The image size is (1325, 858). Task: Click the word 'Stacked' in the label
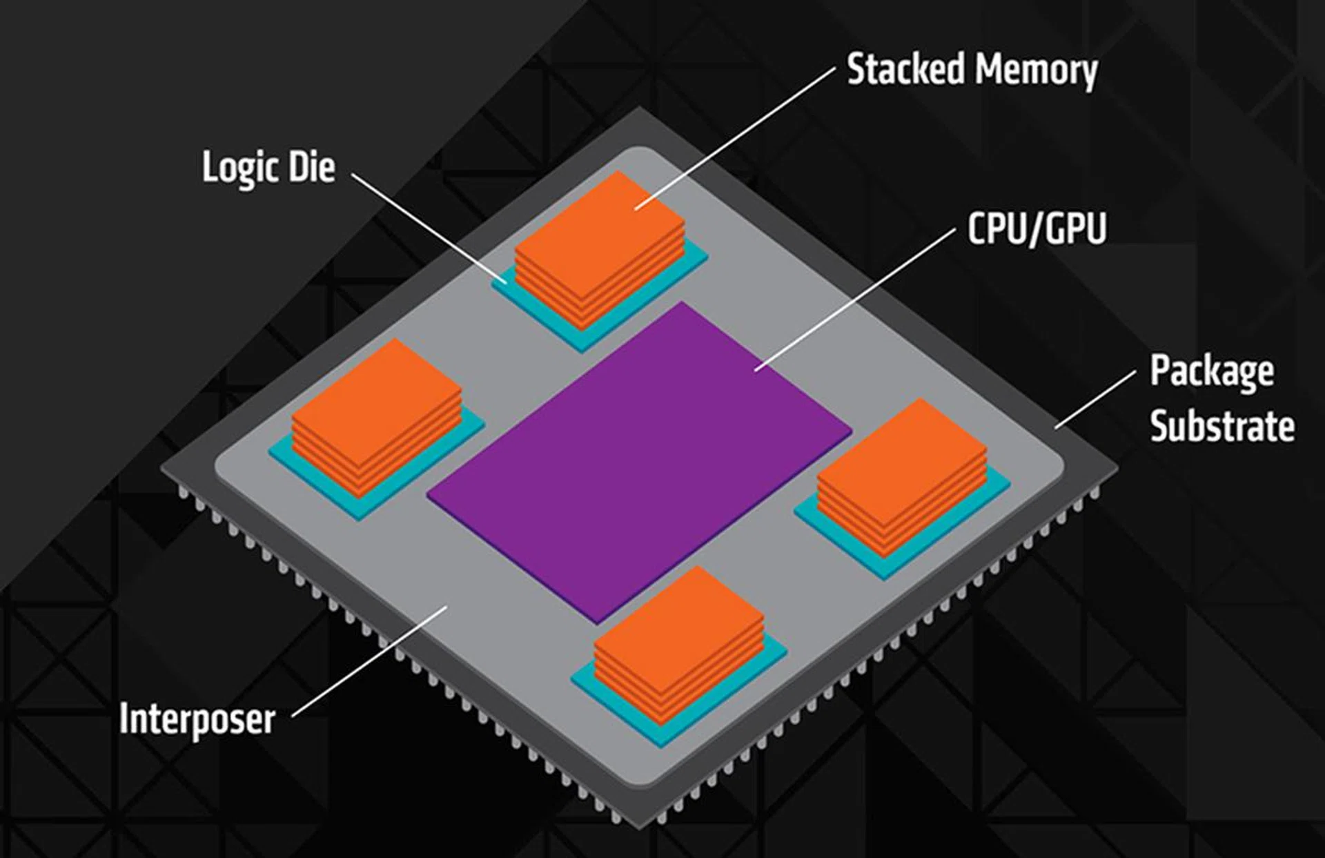[905, 70]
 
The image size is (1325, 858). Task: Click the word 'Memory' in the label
[1035, 71]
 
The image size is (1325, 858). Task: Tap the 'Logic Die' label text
[268, 168]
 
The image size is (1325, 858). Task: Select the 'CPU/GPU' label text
[1037, 228]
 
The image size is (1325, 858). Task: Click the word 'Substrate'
[1221, 426]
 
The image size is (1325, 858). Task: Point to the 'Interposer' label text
[197, 719]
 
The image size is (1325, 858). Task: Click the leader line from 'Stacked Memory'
[735, 137]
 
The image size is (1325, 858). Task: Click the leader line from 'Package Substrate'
[1095, 399]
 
